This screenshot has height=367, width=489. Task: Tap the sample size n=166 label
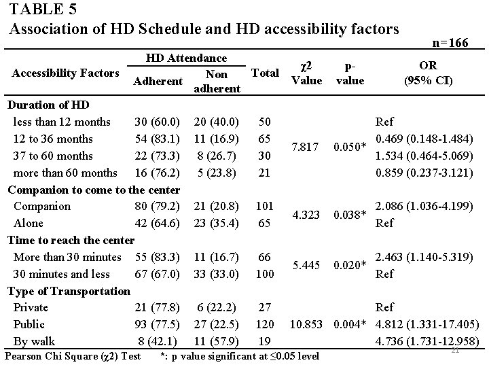[x=450, y=43]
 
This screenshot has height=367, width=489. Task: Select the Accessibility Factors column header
[x=63, y=73]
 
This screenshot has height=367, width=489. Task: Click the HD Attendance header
[x=187, y=59]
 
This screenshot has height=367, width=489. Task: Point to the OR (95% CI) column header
[x=429, y=73]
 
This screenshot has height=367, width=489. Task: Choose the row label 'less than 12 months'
[x=62, y=122]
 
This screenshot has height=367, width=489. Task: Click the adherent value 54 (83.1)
[x=157, y=139]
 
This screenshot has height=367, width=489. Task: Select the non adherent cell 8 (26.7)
[x=216, y=156]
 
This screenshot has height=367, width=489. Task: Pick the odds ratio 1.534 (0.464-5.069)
[x=424, y=156]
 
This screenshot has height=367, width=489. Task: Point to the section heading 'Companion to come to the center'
[x=94, y=189]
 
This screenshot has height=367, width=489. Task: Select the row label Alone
[x=29, y=223]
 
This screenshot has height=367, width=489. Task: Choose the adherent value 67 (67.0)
[x=157, y=274]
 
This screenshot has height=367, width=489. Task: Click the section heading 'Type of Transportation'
[x=69, y=291]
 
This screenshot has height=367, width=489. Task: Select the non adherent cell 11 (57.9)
[x=216, y=341]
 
